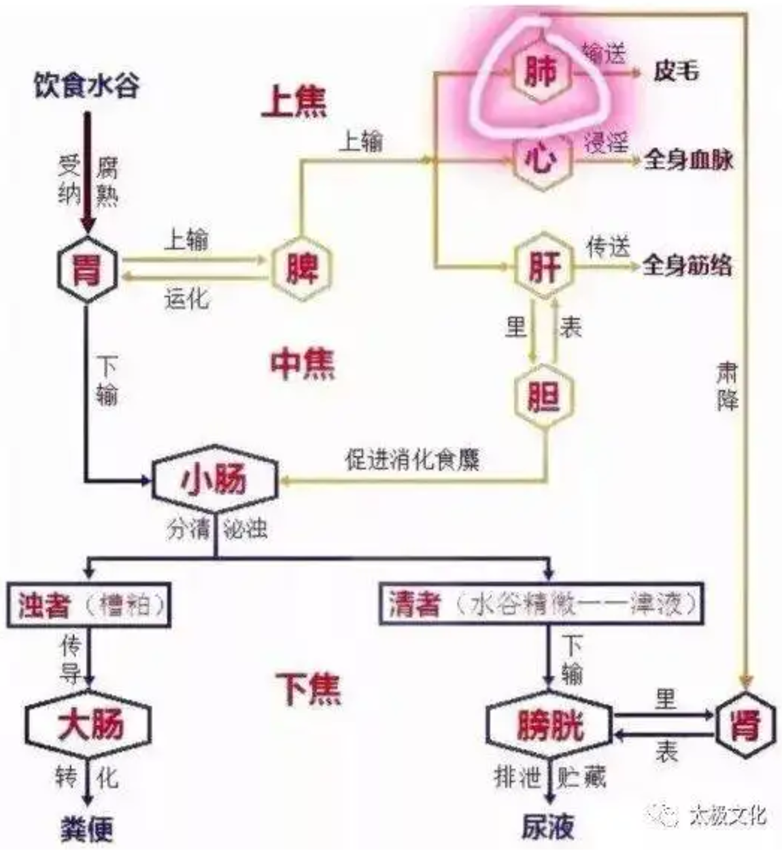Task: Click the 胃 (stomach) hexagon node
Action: pos(87,268)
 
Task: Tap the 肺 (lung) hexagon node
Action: pos(540,71)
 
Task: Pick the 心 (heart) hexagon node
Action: pos(542,161)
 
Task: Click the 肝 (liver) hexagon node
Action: pos(544,265)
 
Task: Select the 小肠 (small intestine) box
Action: pos(214,480)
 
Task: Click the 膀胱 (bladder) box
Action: pos(549,726)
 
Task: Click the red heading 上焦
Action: pos(294,101)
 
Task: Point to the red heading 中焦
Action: pos(303,364)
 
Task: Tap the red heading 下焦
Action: pos(308,688)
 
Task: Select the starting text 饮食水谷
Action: pos(87,86)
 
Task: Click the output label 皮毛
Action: pos(675,71)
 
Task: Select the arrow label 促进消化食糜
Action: pos(412,460)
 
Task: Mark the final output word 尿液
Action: pos(548,827)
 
